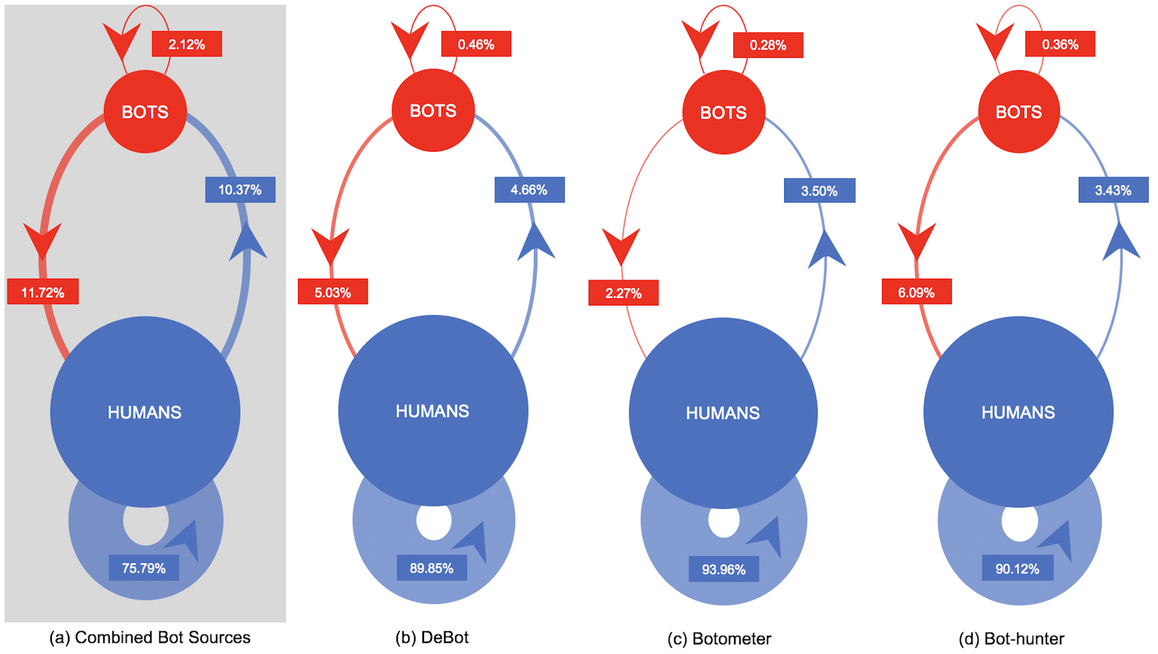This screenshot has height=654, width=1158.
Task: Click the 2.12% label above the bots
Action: pyautogui.click(x=187, y=44)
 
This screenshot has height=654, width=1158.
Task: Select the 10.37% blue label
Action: pyautogui.click(x=240, y=190)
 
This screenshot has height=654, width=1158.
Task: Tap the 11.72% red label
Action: pyautogui.click(x=43, y=292)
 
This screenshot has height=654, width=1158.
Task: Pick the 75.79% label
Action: pyautogui.click(x=144, y=568)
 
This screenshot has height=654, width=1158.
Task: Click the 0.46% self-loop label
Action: pyautogui.click(x=476, y=44)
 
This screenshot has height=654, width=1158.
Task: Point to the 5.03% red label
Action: pyautogui.click(x=332, y=292)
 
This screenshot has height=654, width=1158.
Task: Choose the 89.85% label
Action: pyautogui.click(x=431, y=568)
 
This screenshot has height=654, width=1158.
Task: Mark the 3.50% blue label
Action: pyautogui.click(x=819, y=190)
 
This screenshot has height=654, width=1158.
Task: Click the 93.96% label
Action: pyautogui.click(x=724, y=569)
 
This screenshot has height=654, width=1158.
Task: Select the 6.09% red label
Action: pyautogui.click(x=917, y=292)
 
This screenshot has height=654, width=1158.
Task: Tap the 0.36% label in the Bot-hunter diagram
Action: pyautogui.click(x=1060, y=44)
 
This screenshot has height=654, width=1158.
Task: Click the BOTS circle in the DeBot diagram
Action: pyautogui.click(x=433, y=110)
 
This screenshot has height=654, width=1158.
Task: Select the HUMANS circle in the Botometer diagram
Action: pyautogui.click(x=723, y=413)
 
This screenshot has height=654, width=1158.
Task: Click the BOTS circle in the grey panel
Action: pyautogui.click(x=145, y=111)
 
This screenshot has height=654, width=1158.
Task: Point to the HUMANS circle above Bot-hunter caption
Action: pyautogui.click(x=1018, y=412)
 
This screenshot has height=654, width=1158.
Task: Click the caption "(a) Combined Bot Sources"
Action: pyautogui.click(x=150, y=638)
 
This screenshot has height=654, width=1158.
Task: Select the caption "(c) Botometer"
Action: pyautogui.click(x=719, y=639)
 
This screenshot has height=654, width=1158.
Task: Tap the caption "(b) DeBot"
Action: pyautogui.click(x=432, y=638)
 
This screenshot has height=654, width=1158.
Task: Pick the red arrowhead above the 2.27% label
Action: pyautogui.click(x=621, y=245)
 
